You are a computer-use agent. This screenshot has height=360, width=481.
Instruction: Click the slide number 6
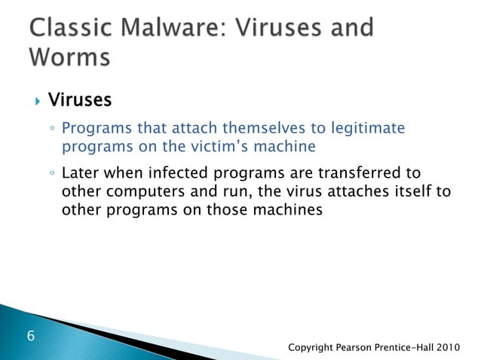coord(30,335)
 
